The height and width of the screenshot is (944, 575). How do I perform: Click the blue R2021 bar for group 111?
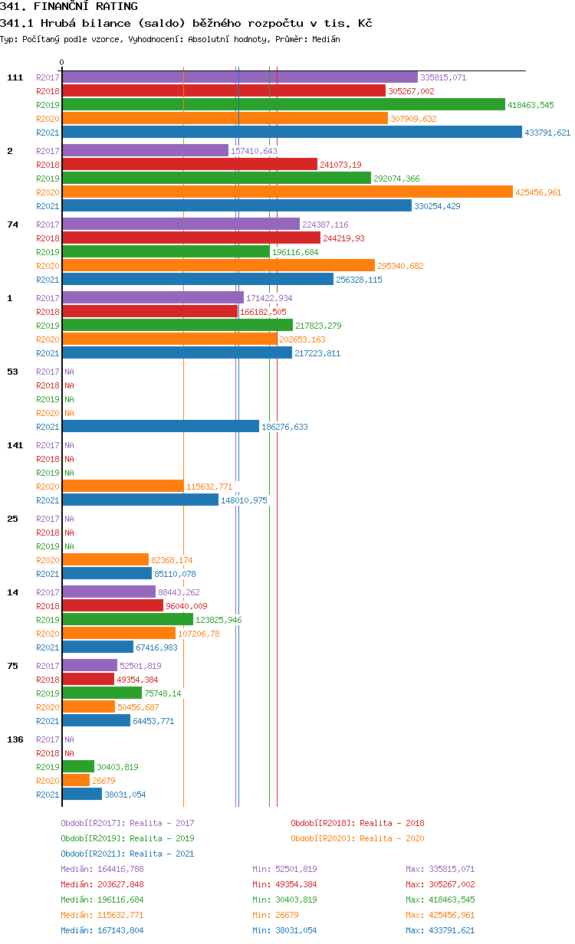291,133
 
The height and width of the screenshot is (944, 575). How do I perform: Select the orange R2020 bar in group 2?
287,192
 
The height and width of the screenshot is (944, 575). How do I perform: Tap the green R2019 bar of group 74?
166,252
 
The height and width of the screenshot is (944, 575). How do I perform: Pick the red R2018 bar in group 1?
149,312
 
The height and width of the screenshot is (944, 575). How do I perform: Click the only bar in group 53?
160,427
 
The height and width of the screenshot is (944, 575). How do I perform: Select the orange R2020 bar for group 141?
123,487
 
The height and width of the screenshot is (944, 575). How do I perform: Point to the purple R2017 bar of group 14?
108,592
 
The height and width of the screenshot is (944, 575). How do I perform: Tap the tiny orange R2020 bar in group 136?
76,781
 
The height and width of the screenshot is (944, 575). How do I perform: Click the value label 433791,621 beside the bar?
547,133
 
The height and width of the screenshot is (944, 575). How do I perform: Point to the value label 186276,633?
284,427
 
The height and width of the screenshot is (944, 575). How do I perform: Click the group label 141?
15,445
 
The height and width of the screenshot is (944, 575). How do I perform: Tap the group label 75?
12,666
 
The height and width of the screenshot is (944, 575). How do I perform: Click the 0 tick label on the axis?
62,63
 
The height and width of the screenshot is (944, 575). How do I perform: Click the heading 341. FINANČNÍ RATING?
69,7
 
